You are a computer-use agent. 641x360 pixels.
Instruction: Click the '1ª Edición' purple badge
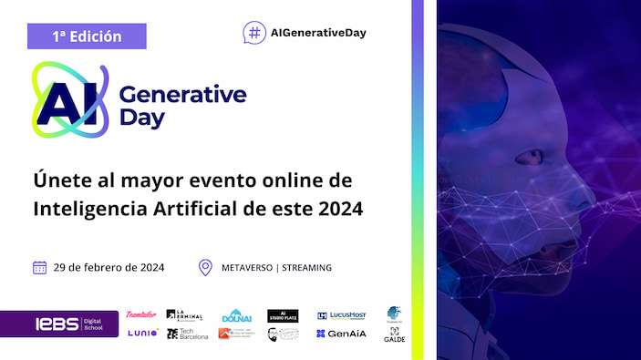87,37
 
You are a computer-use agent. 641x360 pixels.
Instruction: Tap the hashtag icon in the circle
254,33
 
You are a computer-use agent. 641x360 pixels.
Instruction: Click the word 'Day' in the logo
141,118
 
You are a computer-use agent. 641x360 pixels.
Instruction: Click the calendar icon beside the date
40,268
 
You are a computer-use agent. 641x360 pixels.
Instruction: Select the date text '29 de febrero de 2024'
109,268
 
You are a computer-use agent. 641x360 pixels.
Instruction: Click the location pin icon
205,268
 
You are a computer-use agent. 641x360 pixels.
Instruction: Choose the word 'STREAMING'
307,268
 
